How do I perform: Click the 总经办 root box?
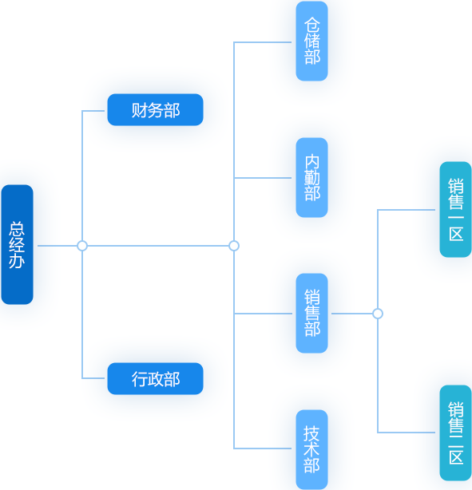[x=18, y=244]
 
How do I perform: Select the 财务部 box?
[x=155, y=109]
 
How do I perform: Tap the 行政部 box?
[x=155, y=378]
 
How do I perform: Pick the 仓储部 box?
[x=311, y=41]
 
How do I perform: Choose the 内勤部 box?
[x=311, y=177]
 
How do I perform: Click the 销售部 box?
[x=311, y=313]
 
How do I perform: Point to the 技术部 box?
[x=311, y=449]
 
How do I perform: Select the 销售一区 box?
[x=455, y=209]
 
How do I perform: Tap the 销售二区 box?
[x=455, y=433]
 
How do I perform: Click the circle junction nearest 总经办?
[x=82, y=246]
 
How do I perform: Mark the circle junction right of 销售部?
[x=378, y=314]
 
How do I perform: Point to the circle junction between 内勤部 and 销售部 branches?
[x=234, y=246]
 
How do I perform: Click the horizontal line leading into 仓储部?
[x=263, y=42]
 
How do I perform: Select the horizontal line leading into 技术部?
[x=263, y=449]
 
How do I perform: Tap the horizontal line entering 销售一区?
[x=407, y=210]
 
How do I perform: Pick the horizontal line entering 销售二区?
[x=407, y=433]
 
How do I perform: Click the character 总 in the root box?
[x=17, y=229]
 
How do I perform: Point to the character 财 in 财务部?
[x=139, y=110]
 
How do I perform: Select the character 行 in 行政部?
[x=140, y=379]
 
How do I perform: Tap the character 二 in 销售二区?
[x=456, y=441]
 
